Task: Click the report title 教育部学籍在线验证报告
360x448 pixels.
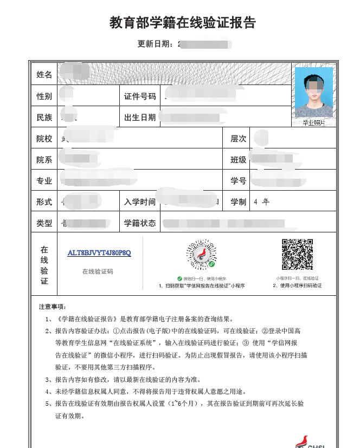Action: tap(183, 23)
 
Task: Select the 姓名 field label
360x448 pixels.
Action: tap(44, 75)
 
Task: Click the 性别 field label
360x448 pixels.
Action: tap(44, 96)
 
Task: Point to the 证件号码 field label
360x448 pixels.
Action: tap(140, 96)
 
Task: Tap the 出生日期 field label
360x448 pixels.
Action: tap(140, 118)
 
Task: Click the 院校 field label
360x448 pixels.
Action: tap(44, 139)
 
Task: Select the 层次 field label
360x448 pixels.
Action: tap(239, 139)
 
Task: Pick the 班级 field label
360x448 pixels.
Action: tap(239, 160)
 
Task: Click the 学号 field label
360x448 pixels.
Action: tap(239, 181)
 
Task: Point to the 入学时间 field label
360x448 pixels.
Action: tap(140, 202)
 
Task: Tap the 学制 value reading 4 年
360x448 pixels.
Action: tap(261, 202)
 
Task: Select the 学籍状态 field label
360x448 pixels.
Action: tap(140, 223)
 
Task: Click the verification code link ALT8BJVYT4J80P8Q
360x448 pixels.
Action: tap(99, 253)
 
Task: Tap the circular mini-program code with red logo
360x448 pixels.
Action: tap(201, 256)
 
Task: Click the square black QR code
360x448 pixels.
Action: tap(297, 254)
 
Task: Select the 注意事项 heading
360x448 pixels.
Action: tap(53, 307)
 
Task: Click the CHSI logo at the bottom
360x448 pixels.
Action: tap(310, 441)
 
